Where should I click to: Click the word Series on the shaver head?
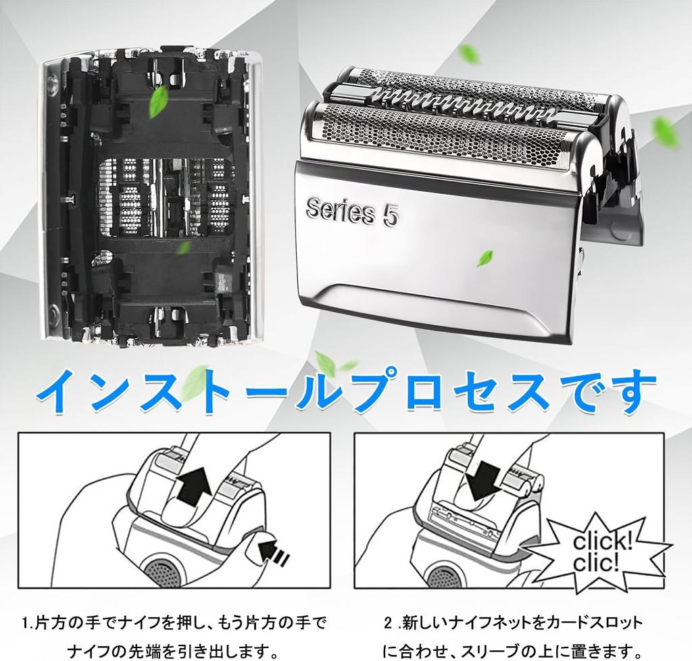340,212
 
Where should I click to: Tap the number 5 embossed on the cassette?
390,216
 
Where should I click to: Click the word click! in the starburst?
602,542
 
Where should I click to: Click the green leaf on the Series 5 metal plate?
485,258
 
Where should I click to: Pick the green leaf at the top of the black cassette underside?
158,102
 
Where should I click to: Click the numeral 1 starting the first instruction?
26,624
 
